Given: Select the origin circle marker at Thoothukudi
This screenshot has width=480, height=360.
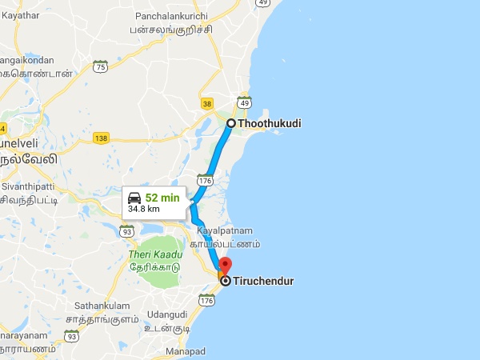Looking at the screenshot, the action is (230, 123).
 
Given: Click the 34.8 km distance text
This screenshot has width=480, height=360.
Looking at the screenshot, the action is (144, 210).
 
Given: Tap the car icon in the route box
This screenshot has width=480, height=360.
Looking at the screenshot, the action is (136, 197).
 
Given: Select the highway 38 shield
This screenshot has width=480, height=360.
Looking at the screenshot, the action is (208, 103).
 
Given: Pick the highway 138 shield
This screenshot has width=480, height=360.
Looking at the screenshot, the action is (101, 138).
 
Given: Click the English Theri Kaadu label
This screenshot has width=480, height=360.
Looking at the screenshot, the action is (156, 254).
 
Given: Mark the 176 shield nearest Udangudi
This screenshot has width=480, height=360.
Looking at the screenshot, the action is (208, 301).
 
